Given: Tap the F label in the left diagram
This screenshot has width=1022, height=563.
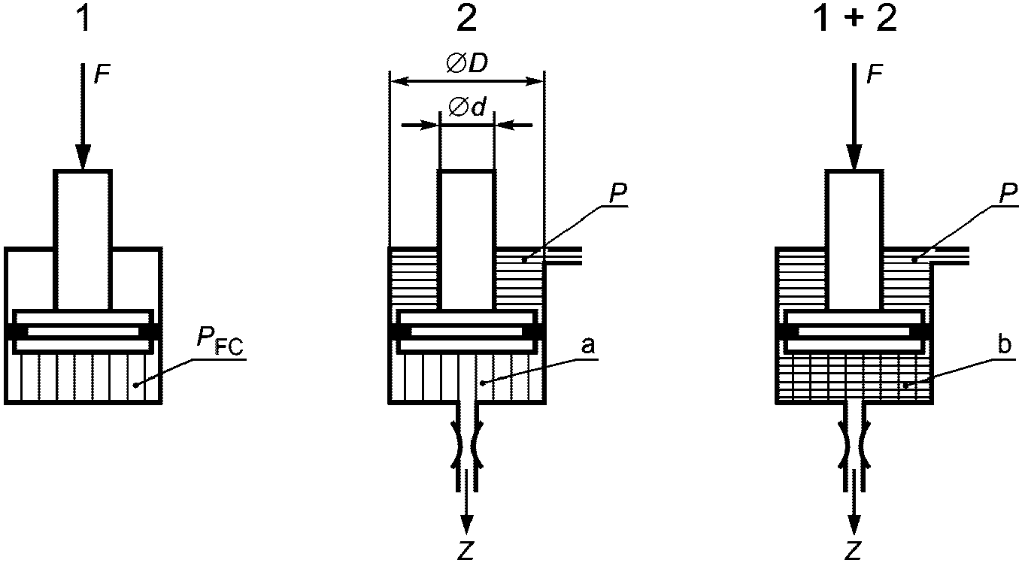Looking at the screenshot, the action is pyautogui.click(x=103, y=74).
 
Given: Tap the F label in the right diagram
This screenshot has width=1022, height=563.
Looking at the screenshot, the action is pyautogui.click(x=875, y=74).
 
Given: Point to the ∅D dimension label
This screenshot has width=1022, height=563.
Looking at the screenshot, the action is pyautogui.click(x=467, y=65).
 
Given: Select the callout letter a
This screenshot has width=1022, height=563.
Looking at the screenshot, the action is pyautogui.click(x=587, y=346).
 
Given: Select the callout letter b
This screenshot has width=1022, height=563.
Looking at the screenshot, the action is pyautogui.click(x=1004, y=345).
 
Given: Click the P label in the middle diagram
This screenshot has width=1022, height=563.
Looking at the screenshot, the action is pyautogui.click(x=617, y=195).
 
